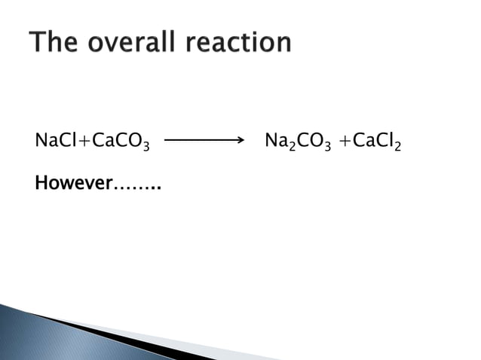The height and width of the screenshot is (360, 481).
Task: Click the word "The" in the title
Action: pos(56,42)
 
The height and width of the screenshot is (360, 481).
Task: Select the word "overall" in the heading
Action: pos(135,42)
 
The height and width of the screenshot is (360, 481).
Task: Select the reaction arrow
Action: pos(204,140)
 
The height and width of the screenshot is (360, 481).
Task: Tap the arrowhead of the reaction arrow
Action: pos(240,140)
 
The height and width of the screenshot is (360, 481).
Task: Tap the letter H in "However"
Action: pos(41,183)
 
